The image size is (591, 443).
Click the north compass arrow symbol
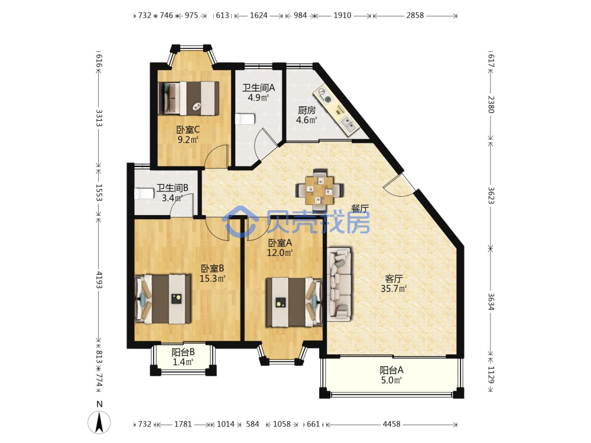tap(99, 422)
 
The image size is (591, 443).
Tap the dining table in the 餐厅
tap(320, 188)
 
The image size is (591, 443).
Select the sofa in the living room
tap(340, 284)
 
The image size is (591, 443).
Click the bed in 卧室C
tap(189, 98)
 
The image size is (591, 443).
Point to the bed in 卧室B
tap(163, 299)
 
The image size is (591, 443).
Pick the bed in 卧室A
tap(294, 302)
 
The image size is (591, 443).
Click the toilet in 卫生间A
tap(245, 119)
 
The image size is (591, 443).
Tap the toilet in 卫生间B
tap(144, 194)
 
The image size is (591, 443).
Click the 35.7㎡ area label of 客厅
tap(394, 289)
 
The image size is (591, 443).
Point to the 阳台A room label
tap(391, 370)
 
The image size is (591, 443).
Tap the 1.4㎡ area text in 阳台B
tap(183, 362)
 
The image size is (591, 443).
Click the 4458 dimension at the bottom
tap(391, 424)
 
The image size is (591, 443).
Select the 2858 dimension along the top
tap(415, 15)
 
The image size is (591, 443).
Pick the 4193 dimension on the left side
tap(99, 279)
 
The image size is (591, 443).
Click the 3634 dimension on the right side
tap(491, 301)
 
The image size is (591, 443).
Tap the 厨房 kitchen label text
tap(306, 110)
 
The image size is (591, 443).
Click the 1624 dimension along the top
tap(259, 15)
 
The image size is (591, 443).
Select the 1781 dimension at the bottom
tap(183, 424)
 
